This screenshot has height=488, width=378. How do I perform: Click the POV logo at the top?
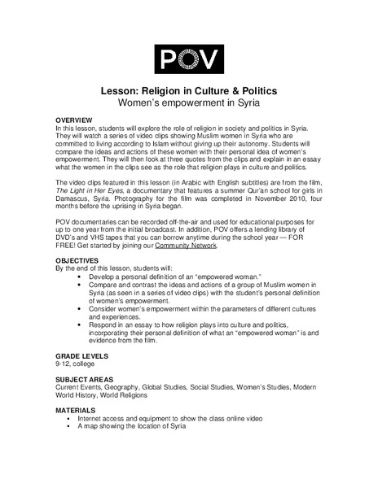tap(188, 59)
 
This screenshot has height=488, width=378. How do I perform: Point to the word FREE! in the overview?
tap(68, 245)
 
